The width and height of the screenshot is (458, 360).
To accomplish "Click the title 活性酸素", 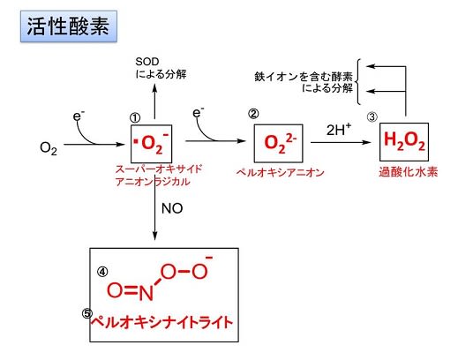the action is pyautogui.click(x=69, y=26).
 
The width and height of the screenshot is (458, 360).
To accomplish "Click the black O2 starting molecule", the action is pyautogui.click(x=49, y=148).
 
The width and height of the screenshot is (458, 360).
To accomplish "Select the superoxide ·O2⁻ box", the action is pyautogui.click(x=151, y=144).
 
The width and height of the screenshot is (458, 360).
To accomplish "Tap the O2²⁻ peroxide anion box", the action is pyautogui.click(x=278, y=144).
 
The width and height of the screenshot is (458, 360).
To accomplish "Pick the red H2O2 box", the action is pyautogui.click(x=404, y=142).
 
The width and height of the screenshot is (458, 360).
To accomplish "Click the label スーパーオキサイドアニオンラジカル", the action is pyautogui.click(x=159, y=176).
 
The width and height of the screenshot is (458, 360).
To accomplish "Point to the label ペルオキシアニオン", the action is pyautogui.click(x=280, y=172).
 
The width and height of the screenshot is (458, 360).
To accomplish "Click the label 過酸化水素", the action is pyautogui.click(x=409, y=172).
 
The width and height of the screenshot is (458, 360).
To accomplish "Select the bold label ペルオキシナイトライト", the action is pyautogui.click(x=162, y=322).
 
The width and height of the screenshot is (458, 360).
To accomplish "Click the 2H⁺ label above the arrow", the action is pyautogui.click(x=339, y=130).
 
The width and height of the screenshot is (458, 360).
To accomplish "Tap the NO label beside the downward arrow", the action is pyautogui.click(x=172, y=208).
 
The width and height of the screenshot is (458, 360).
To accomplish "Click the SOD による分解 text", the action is pyautogui.click(x=161, y=68).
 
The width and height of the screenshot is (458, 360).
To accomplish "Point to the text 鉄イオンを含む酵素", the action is pyautogui.click(x=304, y=77).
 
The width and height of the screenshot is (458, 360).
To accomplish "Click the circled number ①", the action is pyautogui.click(x=135, y=118).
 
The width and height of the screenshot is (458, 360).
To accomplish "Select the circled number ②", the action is pyautogui.click(x=253, y=114).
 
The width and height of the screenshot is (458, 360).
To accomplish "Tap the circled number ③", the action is pyautogui.click(x=372, y=117).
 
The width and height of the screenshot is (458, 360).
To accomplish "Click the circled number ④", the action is pyautogui.click(x=102, y=272).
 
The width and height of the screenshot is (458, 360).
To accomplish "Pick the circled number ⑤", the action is pyautogui.click(x=87, y=314).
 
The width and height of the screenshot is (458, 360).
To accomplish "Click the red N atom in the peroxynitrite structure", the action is pyautogui.click(x=146, y=293).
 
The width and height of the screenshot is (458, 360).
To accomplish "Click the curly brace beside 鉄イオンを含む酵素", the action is pyautogui.click(x=357, y=82).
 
